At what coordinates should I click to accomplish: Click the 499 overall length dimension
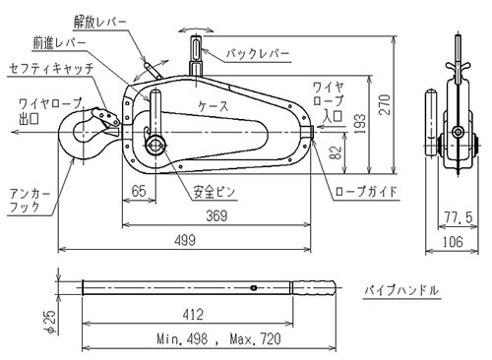[185, 240]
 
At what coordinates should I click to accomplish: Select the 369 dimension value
[216, 215]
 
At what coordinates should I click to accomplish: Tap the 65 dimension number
[139, 191]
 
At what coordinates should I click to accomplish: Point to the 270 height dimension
[385, 104]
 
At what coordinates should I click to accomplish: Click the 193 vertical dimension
[360, 123]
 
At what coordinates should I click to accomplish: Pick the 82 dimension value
[336, 152]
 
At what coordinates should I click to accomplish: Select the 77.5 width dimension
[459, 217]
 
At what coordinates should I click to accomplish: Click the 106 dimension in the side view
[453, 242]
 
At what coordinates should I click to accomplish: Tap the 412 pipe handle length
[193, 315]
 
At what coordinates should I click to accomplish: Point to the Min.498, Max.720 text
[218, 338]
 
